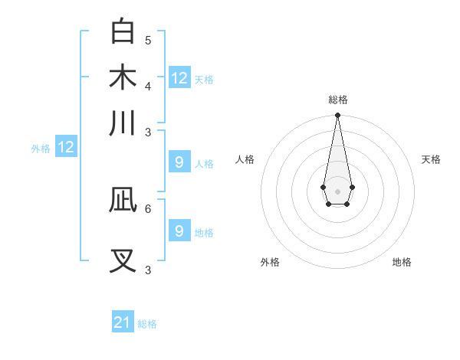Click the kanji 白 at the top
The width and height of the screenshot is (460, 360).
click(123, 31)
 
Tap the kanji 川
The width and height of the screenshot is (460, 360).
click(123, 123)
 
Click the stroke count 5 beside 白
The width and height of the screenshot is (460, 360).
click(148, 40)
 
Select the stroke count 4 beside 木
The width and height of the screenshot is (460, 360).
click(148, 85)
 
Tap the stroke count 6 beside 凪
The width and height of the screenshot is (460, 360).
click(148, 208)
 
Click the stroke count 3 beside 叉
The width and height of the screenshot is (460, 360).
click(148, 269)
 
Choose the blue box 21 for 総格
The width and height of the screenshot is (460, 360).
click(123, 322)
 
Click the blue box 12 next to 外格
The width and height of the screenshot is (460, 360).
click(66, 148)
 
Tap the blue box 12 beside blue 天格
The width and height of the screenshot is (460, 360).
click(179, 78)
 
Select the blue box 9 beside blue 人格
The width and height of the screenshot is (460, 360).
click(179, 162)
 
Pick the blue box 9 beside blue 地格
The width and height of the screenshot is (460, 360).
click(179, 231)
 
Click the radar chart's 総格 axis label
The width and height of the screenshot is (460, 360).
click(337, 100)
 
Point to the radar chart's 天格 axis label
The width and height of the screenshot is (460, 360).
click(431, 159)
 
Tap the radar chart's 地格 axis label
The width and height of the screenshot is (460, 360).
click(402, 262)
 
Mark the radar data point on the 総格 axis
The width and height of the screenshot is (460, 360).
click(337, 116)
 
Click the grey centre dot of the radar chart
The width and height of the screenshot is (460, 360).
click(337, 190)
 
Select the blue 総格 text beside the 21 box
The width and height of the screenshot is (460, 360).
click(147, 324)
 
